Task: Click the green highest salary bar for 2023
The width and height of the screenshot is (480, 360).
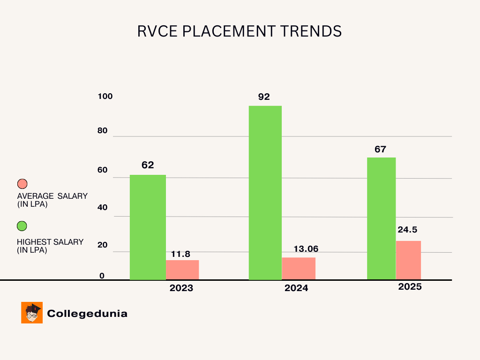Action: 148,227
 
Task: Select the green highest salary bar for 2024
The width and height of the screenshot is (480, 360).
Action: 265,193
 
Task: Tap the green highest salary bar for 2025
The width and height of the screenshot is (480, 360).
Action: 381,218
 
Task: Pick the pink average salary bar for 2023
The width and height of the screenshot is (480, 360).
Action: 182,270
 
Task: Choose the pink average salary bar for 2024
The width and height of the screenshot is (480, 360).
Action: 299,269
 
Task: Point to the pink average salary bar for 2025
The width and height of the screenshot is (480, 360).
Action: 408,260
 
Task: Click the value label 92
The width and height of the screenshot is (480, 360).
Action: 264,97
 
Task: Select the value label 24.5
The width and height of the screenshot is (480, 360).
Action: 407,230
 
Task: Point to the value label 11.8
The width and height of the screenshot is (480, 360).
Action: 180,254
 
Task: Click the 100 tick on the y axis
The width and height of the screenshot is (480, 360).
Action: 105,97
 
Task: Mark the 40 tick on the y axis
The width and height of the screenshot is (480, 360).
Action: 103,208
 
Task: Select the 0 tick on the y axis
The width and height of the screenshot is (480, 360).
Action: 102,276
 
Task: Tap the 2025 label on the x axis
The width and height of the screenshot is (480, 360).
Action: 410,287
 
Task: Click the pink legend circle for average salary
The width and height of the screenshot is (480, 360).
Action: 22,184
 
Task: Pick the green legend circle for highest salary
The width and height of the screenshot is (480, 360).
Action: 22,226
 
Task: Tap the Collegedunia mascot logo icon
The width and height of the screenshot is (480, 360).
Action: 32,313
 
